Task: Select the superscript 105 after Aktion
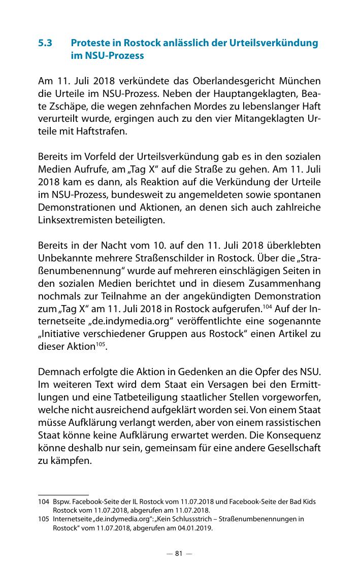point(102,344)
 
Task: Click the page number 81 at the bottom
point(179,553)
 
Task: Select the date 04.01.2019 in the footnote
point(196,528)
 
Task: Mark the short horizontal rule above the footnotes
point(63,494)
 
